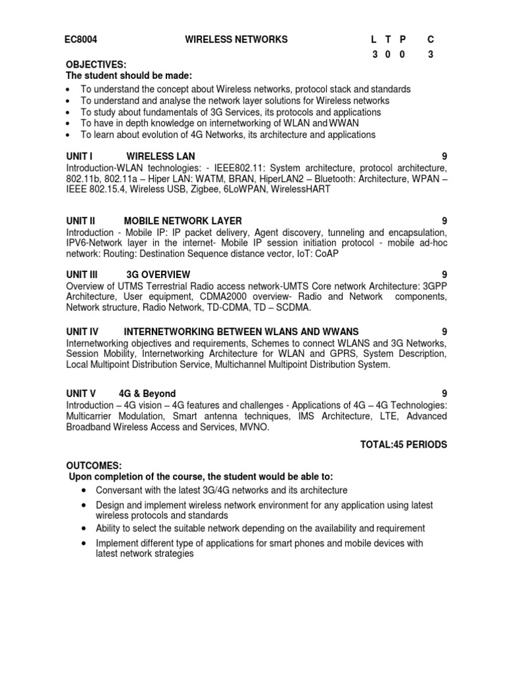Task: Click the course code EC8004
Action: [81, 39]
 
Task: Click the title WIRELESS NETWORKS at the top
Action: [236, 39]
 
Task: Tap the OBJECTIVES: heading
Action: [96, 64]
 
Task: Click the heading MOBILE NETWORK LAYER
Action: [183, 221]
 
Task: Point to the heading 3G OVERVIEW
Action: [158, 274]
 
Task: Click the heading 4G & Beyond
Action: [147, 394]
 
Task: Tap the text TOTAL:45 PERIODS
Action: [403, 445]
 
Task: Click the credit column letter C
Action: [431, 39]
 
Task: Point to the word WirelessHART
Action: [300, 189]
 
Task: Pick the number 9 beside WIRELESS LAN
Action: [445, 156]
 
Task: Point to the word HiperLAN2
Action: [284, 178]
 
